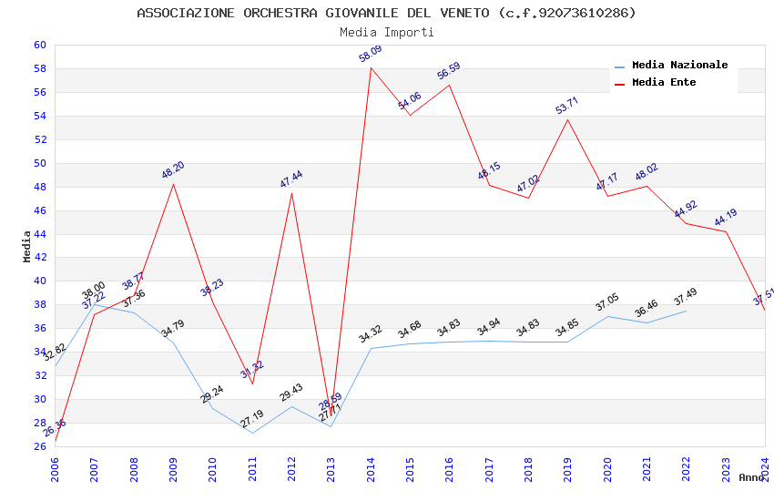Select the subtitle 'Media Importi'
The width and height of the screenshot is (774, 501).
[386, 32]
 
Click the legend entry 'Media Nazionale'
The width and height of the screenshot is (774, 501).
[679, 65]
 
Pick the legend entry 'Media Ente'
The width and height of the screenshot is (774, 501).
[664, 82]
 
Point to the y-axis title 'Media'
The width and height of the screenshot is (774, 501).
[27, 246]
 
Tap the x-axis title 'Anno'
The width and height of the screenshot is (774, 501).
[751, 477]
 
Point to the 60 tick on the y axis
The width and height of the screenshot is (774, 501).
[39, 45]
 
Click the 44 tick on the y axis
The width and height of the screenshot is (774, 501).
[39, 234]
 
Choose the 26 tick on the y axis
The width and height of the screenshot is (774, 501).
[39, 446]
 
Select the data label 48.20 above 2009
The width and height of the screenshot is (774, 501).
[173, 169]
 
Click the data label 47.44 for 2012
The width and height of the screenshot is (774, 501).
[291, 179]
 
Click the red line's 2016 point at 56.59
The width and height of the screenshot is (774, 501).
[450, 85]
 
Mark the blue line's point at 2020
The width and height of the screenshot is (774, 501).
[607, 316]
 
